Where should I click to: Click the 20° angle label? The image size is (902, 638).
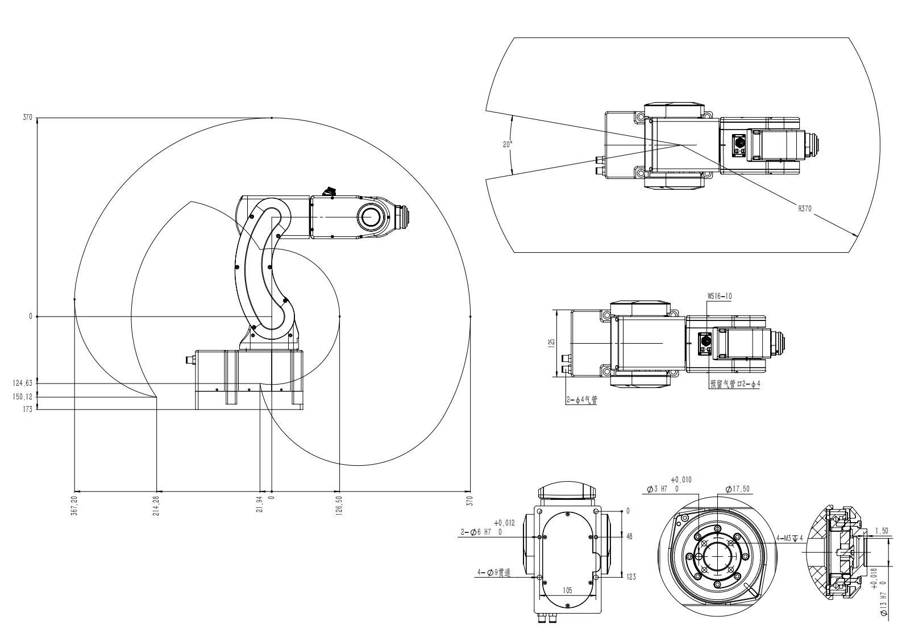507,144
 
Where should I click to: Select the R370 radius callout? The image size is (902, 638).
804,209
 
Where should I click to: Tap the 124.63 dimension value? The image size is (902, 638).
23,383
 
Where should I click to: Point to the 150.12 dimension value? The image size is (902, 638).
23,397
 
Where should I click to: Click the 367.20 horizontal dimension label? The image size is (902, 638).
74,505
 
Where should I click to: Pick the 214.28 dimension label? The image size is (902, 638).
156,505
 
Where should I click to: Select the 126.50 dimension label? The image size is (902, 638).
339,505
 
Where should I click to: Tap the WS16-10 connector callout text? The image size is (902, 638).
719,296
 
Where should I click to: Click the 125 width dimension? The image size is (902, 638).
551,343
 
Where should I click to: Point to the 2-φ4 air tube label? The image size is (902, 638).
581,400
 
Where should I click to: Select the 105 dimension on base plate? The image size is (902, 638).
567,590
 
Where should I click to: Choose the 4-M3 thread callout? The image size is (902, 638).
789,538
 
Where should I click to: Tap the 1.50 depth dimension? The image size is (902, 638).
881,531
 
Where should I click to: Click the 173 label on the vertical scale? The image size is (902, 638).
28,409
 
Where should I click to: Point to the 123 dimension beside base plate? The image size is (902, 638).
631,577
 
